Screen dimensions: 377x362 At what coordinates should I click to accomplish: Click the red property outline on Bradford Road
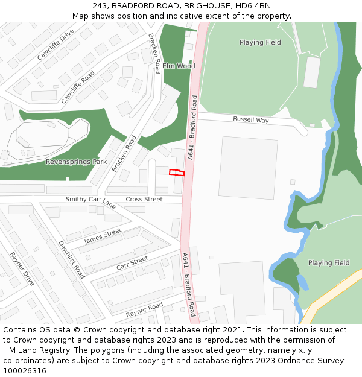[x=176, y=173]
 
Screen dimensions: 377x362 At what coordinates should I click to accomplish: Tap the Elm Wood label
[x=178, y=66]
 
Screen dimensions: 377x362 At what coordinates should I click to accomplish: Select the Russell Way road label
[x=250, y=120]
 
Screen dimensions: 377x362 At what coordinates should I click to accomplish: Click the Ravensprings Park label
[x=76, y=162]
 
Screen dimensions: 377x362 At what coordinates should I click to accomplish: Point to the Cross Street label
[x=144, y=199]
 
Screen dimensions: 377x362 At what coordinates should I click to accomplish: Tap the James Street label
[x=103, y=236]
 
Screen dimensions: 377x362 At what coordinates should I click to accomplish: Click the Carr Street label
[x=132, y=263]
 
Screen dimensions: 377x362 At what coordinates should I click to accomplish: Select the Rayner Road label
[x=144, y=310]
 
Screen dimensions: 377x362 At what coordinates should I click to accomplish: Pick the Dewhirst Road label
[x=71, y=259]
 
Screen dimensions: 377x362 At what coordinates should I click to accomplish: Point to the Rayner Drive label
[x=22, y=269]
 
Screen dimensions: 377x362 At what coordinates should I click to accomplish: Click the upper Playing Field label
[x=260, y=42]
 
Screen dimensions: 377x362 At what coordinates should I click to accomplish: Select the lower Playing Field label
[x=329, y=263]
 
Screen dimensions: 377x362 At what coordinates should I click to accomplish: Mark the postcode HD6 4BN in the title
[x=256, y=6]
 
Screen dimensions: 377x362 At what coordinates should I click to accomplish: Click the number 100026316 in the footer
[x=25, y=371]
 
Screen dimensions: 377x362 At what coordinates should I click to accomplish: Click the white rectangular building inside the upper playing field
[x=312, y=72]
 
